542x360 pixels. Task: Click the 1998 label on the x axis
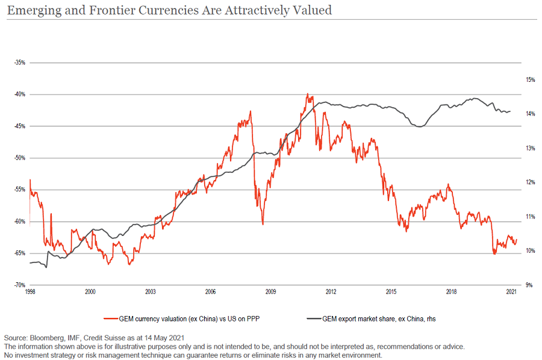[x=30, y=292]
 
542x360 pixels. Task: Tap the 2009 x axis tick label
[x=270, y=292]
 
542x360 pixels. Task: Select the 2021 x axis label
[x=511, y=292]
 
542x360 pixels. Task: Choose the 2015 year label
[x=391, y=292]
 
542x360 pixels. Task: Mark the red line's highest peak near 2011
[x=307, y=94]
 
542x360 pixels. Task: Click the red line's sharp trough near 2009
[x=263, y=224]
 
